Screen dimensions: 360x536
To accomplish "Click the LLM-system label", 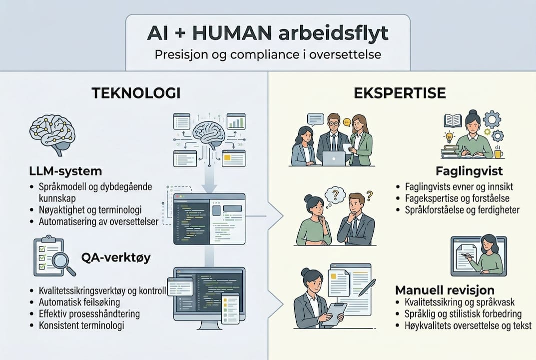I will [65, 171].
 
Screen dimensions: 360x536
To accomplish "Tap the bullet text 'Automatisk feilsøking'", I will [79, 302].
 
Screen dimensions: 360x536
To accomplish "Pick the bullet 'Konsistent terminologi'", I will [81, 325].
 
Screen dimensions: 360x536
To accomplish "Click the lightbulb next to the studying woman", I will [450, 136].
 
